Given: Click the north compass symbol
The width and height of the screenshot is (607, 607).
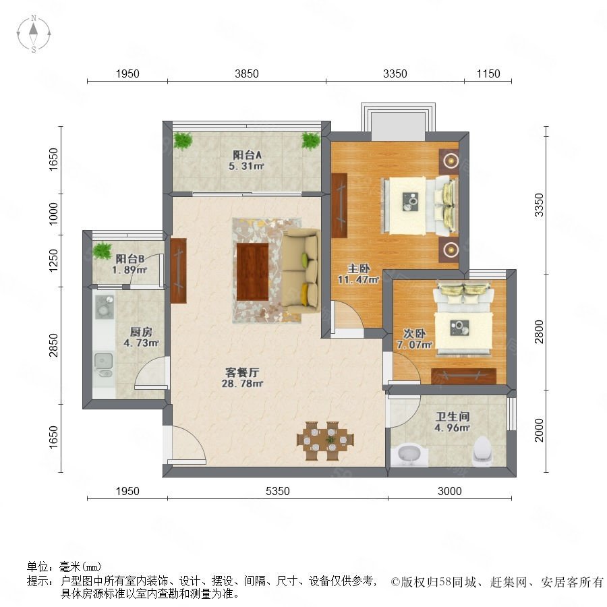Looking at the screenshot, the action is (34, 33).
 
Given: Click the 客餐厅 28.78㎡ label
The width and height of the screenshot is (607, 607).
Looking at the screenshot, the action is (242, 378).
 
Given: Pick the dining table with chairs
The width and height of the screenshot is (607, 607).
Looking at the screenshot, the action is (325, 441).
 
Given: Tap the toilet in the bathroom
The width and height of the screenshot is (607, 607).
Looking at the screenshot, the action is (483, 451).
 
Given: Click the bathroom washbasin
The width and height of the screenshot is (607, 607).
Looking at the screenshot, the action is (409, 456).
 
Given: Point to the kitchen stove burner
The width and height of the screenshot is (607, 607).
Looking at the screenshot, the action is (104, 307).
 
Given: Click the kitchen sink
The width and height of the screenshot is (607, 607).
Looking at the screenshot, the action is (103, 364).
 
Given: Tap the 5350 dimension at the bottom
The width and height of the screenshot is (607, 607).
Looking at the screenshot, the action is (278, 491).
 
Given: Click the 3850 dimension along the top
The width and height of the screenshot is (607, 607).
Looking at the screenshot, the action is (247, 74).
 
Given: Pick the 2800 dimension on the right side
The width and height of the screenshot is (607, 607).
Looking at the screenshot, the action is (539, 332).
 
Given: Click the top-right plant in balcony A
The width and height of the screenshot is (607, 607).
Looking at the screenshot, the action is (311, 140).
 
